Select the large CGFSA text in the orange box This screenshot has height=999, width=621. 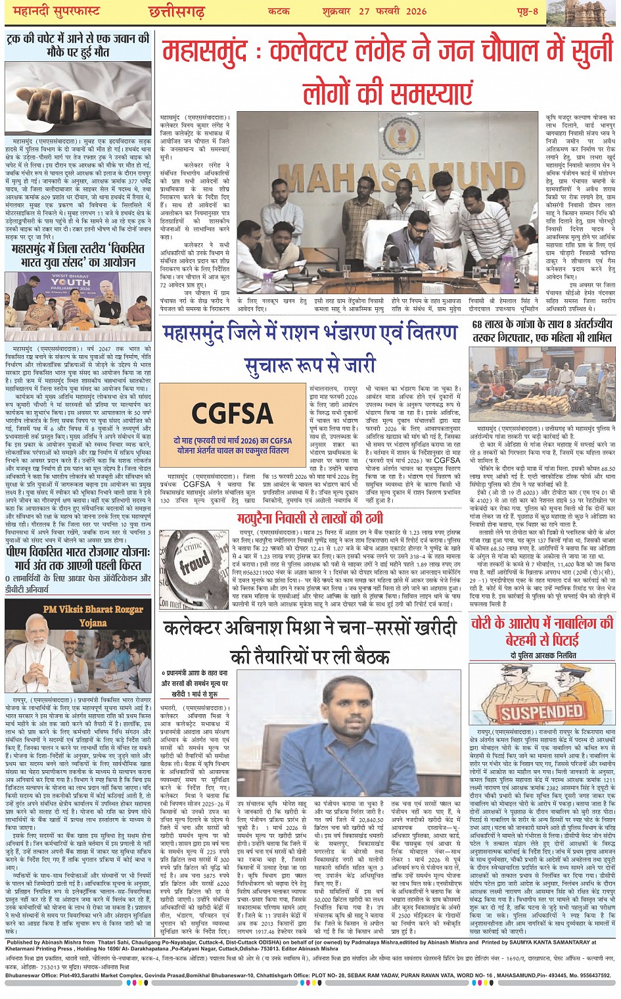(232, 414)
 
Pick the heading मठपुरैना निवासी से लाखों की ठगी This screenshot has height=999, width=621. (310, 518)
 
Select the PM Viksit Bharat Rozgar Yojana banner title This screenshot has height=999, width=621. (93, 616)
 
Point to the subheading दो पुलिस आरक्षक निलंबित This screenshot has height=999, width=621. (542, 656)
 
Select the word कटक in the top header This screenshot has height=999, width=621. (279, 11)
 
